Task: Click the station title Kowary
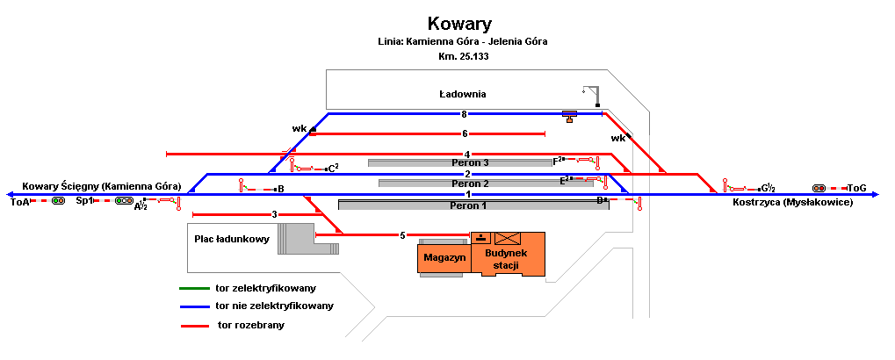459,24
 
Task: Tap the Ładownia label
463,94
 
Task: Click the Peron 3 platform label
469,162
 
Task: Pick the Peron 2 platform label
469,184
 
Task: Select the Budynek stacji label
509,259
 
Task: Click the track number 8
464,114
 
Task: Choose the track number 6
465,134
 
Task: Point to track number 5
402,235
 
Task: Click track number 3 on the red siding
274,215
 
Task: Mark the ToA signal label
19,202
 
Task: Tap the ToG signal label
857,188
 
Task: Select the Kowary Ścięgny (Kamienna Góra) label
102,186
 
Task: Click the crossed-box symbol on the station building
507,238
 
